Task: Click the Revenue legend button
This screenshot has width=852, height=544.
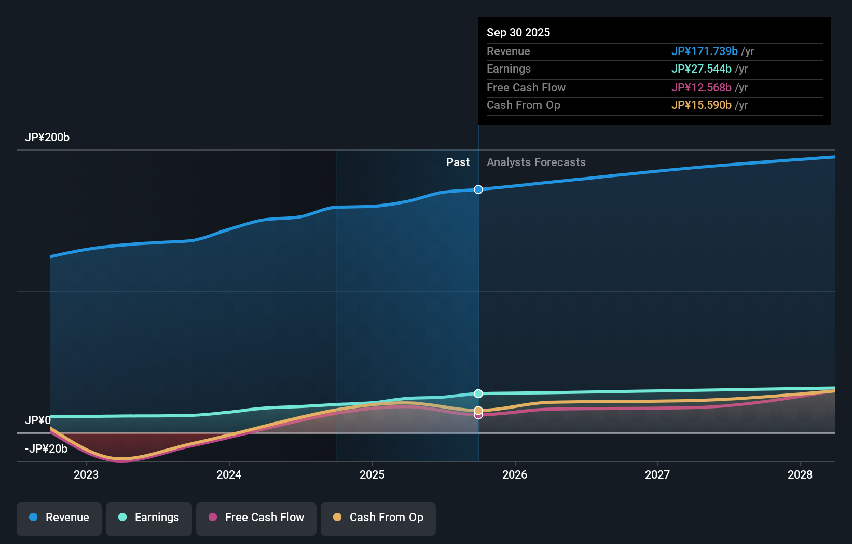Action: (x=59, y=518)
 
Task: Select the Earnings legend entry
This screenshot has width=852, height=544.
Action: (x=149, y=518)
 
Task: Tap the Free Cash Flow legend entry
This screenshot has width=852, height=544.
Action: (x=256, y=518)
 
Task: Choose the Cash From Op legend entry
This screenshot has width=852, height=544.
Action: (x=378, y=518)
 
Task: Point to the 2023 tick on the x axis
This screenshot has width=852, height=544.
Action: (x=86, y=474)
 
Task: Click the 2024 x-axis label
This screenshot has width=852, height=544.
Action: (x=229, y=474)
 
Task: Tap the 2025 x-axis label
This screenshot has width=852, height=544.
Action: (x=372, y=474)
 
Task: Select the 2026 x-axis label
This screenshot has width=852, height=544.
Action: (x=515, y=474)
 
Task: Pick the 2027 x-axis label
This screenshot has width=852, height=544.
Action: (x=657, y=474)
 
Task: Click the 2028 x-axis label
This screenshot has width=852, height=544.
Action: (x=800, y=474)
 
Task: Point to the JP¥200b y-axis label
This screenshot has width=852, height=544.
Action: (x=47, y=138)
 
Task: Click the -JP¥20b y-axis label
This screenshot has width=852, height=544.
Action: (x=46, y=449)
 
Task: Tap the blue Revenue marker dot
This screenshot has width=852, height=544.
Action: (x=478, y=189)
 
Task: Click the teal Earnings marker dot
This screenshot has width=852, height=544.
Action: (x=478, y=393)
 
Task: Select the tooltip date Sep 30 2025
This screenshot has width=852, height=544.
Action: (x=518, y=32)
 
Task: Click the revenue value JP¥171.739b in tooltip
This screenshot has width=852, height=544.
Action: (x=704, y=51)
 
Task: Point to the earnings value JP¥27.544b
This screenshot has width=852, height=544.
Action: (x=701, y=69)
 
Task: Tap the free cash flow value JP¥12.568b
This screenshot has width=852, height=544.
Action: (x=701, y=87)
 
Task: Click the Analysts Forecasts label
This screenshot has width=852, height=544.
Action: (x=536, y=162)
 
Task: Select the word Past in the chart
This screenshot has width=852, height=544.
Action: (x=458, y=162)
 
